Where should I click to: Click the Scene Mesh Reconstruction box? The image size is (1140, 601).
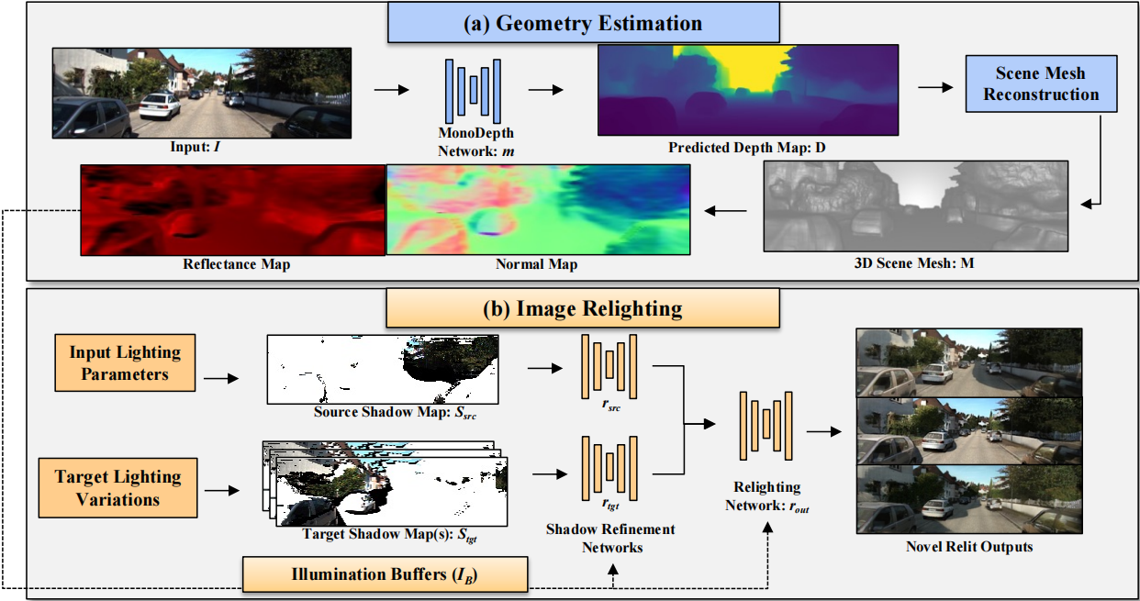[x=1041, y=83]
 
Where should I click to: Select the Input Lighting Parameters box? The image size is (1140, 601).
[x=125, y=362]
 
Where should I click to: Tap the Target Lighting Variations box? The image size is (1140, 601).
[x=118, y=487]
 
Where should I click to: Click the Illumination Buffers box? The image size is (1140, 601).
[x=385, y=574]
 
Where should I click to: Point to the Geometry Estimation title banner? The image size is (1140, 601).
[x=583, y=23]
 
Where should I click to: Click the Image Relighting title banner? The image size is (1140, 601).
[x=583, y=308]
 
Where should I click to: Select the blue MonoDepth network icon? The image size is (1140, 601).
[x=473, y=91]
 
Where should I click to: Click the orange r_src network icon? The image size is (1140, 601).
[x=609, y=366]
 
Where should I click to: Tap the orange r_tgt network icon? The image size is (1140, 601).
[x=609, y=468]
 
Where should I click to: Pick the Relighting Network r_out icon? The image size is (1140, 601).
[x=766, y=426]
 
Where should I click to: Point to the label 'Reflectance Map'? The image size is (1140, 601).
[x=237, y=264]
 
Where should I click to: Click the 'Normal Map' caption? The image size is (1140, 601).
[x=536, y=264]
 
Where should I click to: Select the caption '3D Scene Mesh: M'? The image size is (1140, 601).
[x=914, y=263]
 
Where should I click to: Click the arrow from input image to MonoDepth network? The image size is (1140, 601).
[x=391, y=90]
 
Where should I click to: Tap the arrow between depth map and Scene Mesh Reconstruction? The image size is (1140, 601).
[x=935, y=87]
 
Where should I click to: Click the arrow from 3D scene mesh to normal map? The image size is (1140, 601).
[x=726, y=210]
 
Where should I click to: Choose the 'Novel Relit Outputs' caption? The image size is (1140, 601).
[x=969, y=547]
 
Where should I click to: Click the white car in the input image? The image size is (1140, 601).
[x=160, y=106]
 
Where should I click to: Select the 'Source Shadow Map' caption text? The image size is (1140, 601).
[x=395, y=412]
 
